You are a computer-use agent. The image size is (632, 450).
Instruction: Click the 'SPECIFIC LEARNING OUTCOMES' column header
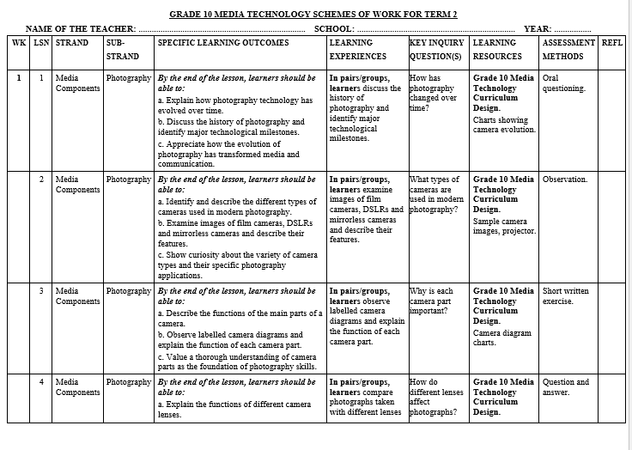click(223, 43)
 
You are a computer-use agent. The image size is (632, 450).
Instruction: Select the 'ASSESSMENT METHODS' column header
click(568, 49)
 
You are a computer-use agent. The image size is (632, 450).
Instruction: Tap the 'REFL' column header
click(612, 42)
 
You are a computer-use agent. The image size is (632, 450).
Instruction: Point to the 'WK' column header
click(19, 42)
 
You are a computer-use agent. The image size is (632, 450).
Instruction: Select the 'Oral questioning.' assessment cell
click(564, 82)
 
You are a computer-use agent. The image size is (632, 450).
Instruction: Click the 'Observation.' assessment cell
click(565, 179)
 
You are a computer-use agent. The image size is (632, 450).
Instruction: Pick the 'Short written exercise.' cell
click(565, 295)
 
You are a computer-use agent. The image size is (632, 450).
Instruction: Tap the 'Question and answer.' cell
click(565, 387)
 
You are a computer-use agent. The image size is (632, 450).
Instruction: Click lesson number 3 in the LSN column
click(41, 291)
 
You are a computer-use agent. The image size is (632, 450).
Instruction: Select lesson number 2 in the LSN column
click(41, 179)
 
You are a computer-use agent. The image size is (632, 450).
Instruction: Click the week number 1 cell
click(19, 77)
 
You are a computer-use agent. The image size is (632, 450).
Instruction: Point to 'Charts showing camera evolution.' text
click(504, 125)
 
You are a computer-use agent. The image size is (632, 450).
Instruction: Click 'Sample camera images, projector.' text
click(504, 225)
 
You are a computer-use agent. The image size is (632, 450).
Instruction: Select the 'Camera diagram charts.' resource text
click(501, 337)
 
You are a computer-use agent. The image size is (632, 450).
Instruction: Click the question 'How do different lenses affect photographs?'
click(437, 397)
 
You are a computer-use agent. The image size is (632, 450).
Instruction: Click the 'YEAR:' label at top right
click(537, 28)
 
